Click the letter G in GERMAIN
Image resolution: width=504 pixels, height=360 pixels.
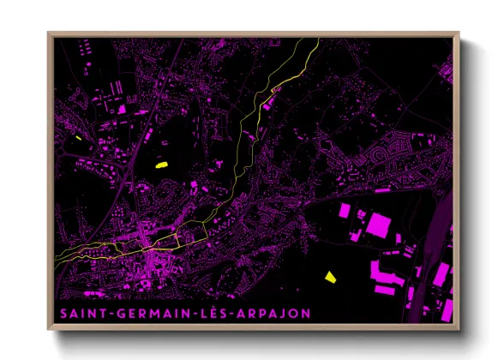pos(111,313)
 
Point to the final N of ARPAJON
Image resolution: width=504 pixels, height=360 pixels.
pos(305,313)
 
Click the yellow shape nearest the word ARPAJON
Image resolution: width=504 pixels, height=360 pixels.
pos(330,276)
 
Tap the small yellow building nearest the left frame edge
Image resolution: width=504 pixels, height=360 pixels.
pos(77,138)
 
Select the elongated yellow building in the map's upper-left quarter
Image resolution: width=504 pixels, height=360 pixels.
pos(162,164)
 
